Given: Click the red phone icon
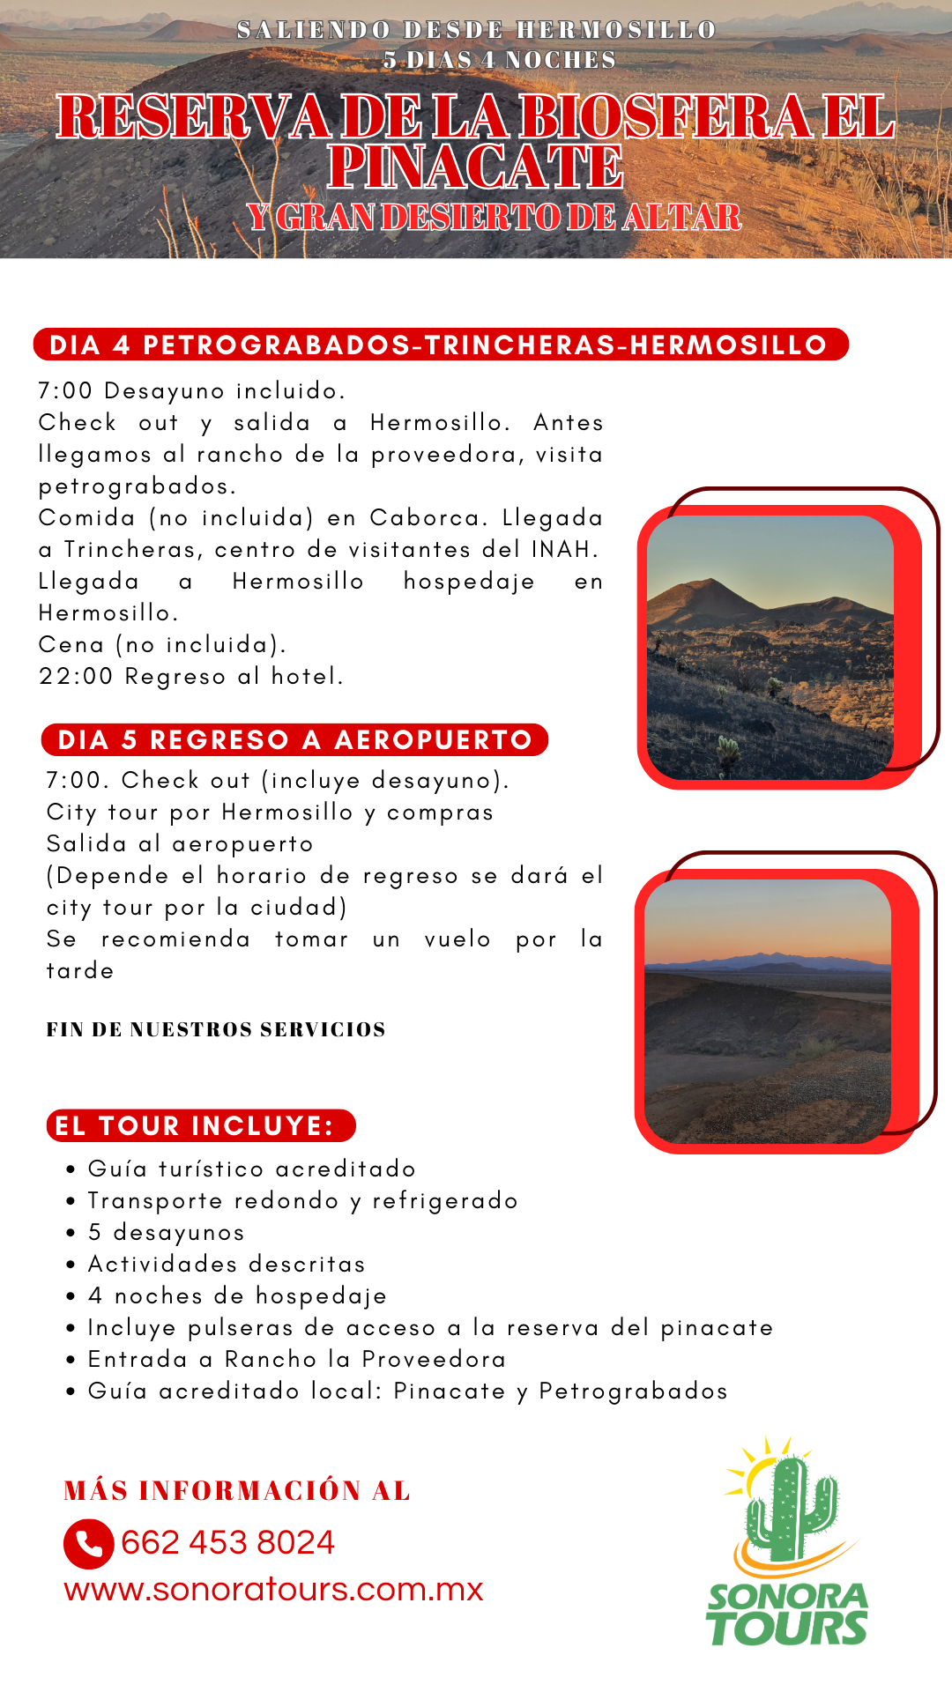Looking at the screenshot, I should pos(88,1544).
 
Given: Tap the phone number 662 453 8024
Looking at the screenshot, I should pos(227,1543).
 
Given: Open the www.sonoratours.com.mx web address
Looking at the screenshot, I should pos(273,1590).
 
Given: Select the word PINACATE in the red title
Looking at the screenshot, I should pos(475,167).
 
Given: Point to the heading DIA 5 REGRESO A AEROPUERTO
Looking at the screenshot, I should pos(294,740).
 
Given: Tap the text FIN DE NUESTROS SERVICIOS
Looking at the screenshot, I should pos(216,1029).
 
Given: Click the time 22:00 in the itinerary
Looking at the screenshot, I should pos(76,677).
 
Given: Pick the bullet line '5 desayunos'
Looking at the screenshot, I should pos(167,1233).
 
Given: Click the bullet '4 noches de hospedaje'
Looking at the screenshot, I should pos(237,1296).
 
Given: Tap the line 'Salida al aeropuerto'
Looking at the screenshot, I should pos(180,844).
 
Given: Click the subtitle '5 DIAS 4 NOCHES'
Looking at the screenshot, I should pos(499,60).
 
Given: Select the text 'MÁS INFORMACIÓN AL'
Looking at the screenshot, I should pos(237,1491).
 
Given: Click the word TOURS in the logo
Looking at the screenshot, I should pos(787,1629).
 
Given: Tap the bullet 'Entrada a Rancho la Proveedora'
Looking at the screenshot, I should pos(297,1360).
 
